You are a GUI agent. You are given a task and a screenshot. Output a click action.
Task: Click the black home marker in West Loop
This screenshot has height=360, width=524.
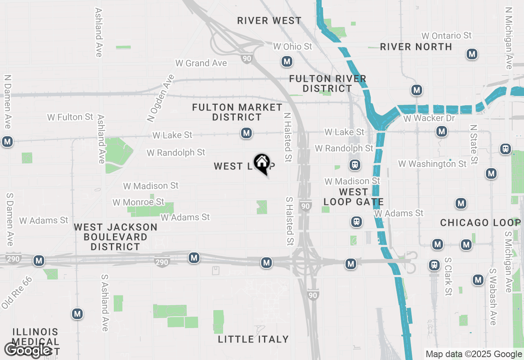pyautogui.click(x=262, y=163)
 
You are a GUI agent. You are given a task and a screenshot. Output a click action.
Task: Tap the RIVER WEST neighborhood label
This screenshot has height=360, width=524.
pyautogui.click(x=269, y=20)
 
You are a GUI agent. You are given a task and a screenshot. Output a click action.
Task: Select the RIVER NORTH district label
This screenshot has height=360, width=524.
pyautogui.click(x=416, y=47)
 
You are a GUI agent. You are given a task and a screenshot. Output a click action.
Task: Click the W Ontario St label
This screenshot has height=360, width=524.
pyautogui.click(x=447, y=36)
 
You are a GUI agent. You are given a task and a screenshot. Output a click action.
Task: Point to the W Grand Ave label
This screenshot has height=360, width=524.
pyautogui.click(x=201, y=63)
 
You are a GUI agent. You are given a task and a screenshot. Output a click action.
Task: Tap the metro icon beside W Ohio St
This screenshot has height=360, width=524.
pyautogui.click(x=287, y=62)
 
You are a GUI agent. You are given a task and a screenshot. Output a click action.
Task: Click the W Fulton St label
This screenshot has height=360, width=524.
pyautogui.click(x=70, y=117)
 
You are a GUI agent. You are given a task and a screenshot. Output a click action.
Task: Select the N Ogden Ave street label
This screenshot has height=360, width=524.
pyautogui.click(x=161, y=98)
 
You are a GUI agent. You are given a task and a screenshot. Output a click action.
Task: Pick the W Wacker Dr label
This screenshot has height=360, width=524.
pyautogui.click(x=429, y=118)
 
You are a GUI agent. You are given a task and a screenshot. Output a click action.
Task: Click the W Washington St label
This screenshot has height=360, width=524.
pyautogui.click(x=432, y=164)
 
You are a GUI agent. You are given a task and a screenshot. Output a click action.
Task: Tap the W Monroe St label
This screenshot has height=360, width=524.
pyautogui.click(x=138, y=202)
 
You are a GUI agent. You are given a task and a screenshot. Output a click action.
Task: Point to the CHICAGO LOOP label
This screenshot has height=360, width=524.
pyautogui.click(x=481, y=223)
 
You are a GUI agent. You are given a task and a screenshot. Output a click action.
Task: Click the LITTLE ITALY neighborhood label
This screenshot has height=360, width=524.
pyautogui.click(x=253, y=339)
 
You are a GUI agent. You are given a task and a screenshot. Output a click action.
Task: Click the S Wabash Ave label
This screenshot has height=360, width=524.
pyautogui.click(x=494, y=297)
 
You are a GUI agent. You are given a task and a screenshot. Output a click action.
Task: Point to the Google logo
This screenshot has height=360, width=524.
pyautogui.click(x=27, y=350)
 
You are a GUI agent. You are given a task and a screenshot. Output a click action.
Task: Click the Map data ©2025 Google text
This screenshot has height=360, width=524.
pyautogui.click(x=474, y=354)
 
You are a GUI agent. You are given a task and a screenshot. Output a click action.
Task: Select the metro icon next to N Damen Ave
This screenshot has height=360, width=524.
pyautogui.click(x=7, y=142)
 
